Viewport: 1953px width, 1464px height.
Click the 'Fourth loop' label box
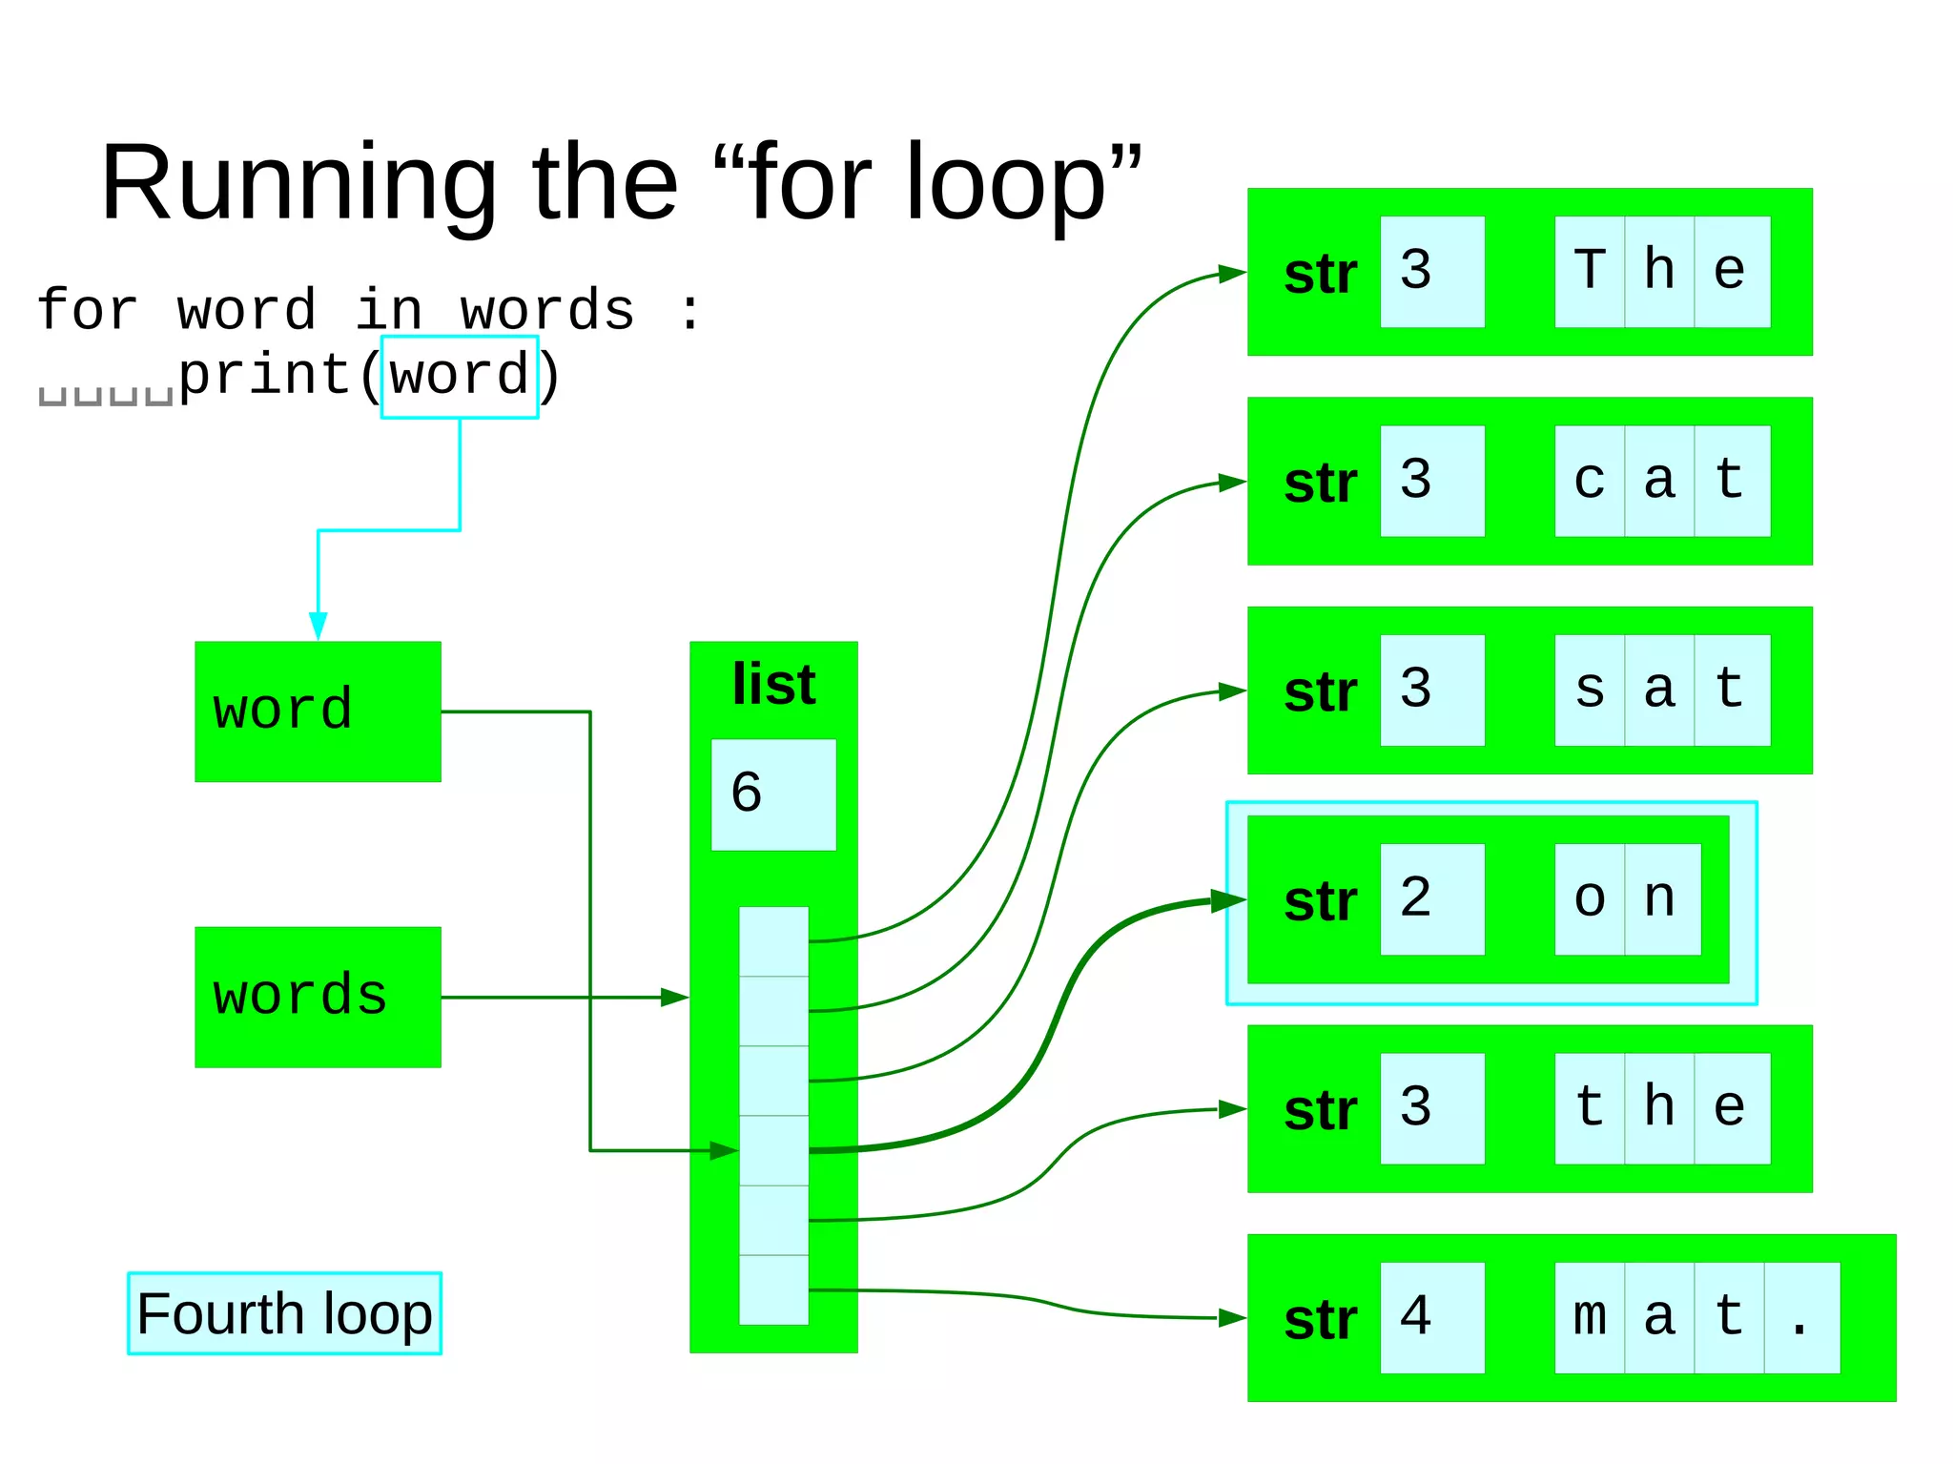click(284, 1313)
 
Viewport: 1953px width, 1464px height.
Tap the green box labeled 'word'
click(318, 711)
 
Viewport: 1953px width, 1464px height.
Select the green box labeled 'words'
click(318, 997)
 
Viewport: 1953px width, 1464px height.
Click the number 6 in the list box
click(747, 793)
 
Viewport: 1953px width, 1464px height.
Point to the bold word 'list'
click(773, 684)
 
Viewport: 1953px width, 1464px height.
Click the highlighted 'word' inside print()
click(460, 376)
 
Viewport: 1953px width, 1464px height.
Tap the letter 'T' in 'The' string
click(1589, 271)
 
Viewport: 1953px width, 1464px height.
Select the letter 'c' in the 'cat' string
click(1589, 481)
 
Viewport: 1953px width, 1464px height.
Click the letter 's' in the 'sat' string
click(1589, 690)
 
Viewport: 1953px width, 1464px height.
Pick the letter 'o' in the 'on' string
click(1589, 898)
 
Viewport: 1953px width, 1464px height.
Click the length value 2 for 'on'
click(1417, 898)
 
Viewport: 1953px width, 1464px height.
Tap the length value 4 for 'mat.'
click(1417, 1317)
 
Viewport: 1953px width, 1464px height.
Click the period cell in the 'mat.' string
click(1800, 1317)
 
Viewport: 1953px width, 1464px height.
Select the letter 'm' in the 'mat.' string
click(1589, 1317)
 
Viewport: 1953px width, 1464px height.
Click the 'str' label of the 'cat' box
click(1320, 483)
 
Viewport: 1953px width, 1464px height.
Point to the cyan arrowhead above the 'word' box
click(318, 626)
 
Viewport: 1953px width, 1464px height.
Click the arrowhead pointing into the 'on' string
click(1228, 899)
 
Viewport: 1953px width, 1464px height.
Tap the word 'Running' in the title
click(298, 183)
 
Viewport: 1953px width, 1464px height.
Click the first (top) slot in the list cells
click(773, 940)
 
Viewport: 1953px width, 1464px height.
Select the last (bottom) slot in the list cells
click(773, 1289)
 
